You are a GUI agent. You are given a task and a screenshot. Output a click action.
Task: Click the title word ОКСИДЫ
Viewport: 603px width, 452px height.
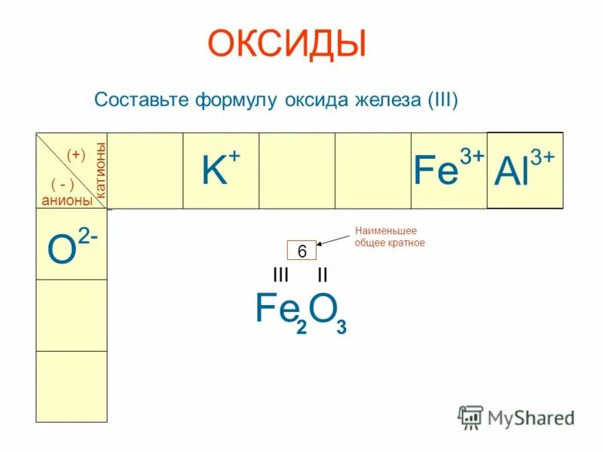(x=286, y=44)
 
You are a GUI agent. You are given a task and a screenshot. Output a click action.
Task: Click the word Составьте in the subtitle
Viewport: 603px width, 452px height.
(x=141, y=100)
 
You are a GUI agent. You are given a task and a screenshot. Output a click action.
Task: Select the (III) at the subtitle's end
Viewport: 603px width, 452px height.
(x=442, y=100)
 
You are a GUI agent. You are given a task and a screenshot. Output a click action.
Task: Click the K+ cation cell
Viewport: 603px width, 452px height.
(x=221, y=171)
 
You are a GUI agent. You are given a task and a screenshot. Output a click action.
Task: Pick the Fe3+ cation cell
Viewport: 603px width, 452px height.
(x=448, y=171)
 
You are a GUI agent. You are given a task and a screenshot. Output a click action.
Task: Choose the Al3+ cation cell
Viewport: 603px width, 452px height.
(x=525, y=171)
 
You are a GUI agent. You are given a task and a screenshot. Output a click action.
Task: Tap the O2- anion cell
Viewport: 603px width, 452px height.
(x=72, y=244)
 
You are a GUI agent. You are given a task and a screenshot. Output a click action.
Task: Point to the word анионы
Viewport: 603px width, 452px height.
(x=67, y=200)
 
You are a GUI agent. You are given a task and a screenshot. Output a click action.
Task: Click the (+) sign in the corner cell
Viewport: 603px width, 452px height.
(x=75, y=154)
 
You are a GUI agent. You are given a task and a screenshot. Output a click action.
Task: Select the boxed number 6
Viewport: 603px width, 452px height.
(x=301, y=252)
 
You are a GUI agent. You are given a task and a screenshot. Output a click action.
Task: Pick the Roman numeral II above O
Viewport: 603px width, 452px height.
(x=322, y=274)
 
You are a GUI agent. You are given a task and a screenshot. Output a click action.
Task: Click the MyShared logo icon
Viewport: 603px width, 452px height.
(x=471, y=416)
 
